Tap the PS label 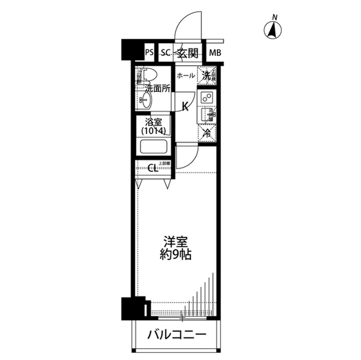tap(149, 54)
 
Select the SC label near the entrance tap(165, 54)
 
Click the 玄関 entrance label tap(187, 54)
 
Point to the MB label tap(215, 54)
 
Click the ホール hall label tap(186, 75)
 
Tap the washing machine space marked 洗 tap(207, 75)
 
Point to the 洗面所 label tap(157, 88)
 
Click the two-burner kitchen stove tap(207, 97)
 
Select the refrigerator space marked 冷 tap(207, 134)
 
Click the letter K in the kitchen tap(185, 107)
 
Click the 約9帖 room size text tap(175, 255)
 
